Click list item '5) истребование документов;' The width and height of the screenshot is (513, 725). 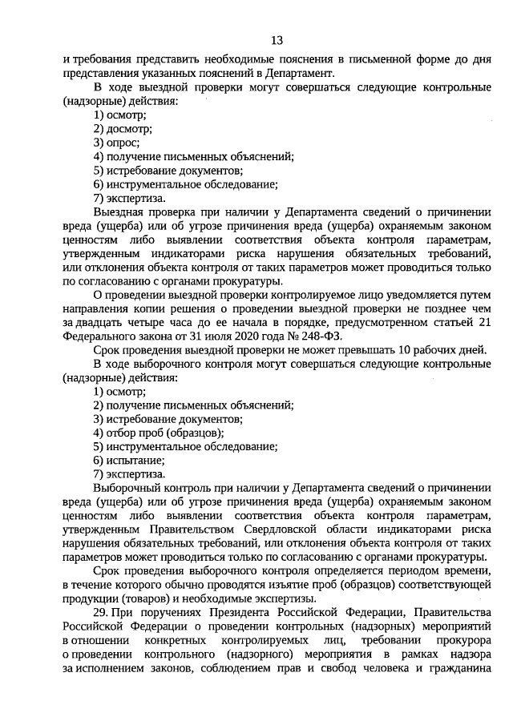point(168,170)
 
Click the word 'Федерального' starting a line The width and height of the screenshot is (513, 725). point(97,336)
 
